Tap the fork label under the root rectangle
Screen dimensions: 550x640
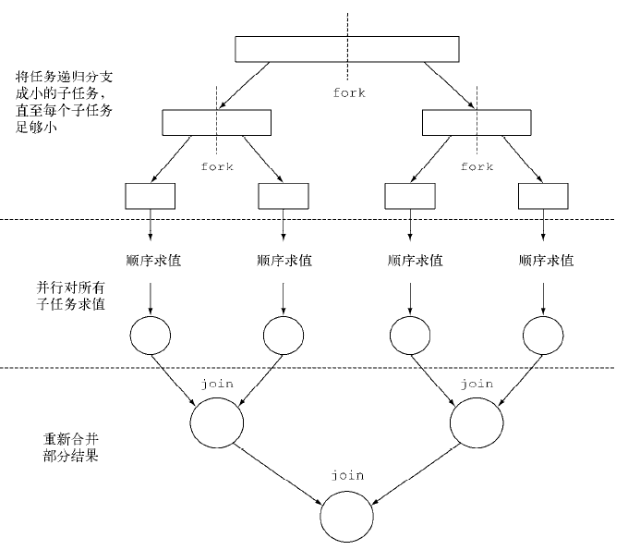[x=348, y=93]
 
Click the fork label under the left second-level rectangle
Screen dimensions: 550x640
[x=216, y=166]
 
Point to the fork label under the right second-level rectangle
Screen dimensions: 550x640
[x=477, y=166]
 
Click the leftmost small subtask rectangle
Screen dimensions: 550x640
[x=149, y=196]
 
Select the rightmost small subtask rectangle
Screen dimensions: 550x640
[x=543, y=196]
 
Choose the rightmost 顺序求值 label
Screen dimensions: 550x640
[x=546, y=261]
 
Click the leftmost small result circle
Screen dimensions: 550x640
[x=150, y=335]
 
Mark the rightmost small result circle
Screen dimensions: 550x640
[x=542, y=335]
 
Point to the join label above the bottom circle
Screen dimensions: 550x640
[x=347, y=475]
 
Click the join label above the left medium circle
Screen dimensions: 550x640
[x=216, y=382]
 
